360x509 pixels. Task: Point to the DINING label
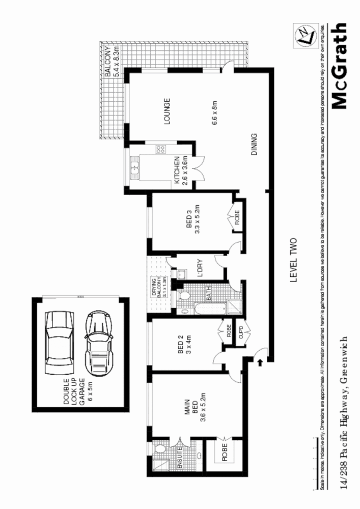click(x=254, y=144)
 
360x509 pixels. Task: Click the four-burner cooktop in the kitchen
click(x=160, y=149)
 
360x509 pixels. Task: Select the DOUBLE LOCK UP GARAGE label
click(x=73, y=387)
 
